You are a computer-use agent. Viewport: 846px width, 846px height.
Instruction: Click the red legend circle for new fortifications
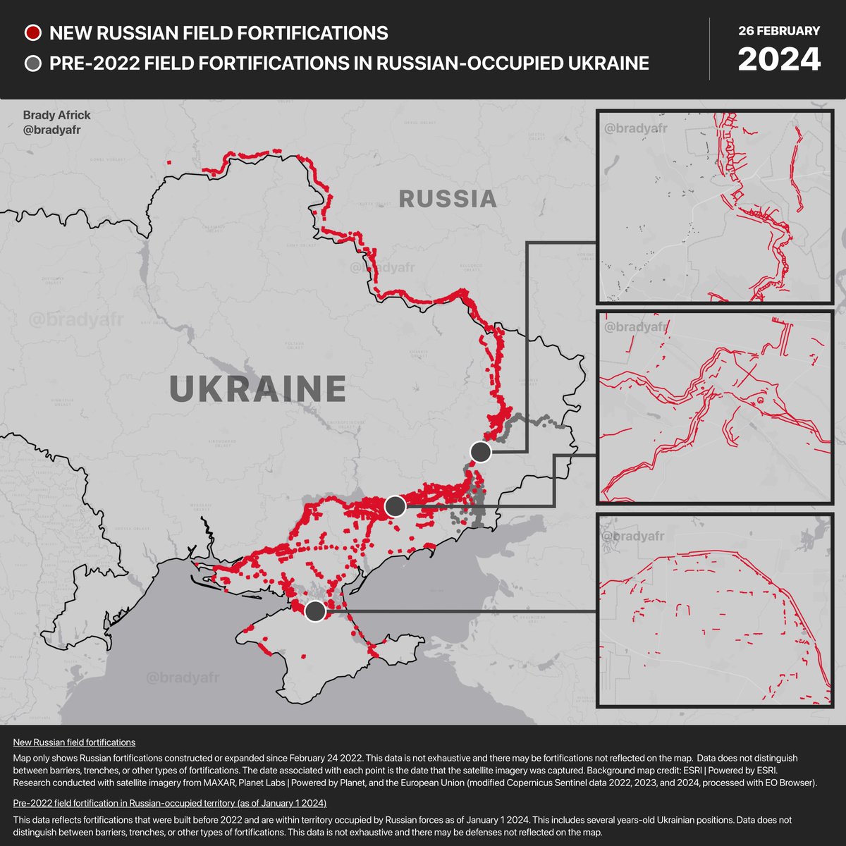tap(33, 32)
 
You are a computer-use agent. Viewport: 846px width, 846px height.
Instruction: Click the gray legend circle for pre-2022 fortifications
tap(33, 63)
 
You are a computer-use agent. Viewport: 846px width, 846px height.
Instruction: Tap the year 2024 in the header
tap(779, 59)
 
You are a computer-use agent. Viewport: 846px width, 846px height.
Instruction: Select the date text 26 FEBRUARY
tap(779, 31)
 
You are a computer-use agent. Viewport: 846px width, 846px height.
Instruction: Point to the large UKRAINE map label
tap(258, 388)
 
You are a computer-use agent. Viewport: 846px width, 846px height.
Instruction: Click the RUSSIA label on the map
tap(448, 199)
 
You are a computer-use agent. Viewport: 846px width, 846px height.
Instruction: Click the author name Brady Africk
tap(57, 115)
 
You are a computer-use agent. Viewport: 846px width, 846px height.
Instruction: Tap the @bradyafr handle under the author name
tap(51, 129)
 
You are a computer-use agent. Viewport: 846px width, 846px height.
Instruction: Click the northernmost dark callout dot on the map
tap(481, 451)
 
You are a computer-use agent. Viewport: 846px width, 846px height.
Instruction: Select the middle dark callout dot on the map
tap(396, 505)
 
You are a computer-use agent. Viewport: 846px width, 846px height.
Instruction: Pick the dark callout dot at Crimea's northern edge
tap(316, 611)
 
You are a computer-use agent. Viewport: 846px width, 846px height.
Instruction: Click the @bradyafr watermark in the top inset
tap(635, 128)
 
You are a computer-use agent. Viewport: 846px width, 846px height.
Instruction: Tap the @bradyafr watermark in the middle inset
tap(635, 326)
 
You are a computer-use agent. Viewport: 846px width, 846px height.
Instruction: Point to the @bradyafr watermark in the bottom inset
tap(635, 537)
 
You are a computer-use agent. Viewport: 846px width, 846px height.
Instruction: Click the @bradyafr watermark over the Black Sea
tap(183, 678)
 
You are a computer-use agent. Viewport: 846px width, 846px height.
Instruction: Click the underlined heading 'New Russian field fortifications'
tap(74, 742)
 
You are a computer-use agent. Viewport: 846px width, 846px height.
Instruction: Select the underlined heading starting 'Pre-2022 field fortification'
tap(169, 804)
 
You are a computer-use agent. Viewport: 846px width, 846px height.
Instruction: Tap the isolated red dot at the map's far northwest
tap(169, 163)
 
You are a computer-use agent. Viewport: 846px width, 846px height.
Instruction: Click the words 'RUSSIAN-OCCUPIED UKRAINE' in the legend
tap(513, 63)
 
